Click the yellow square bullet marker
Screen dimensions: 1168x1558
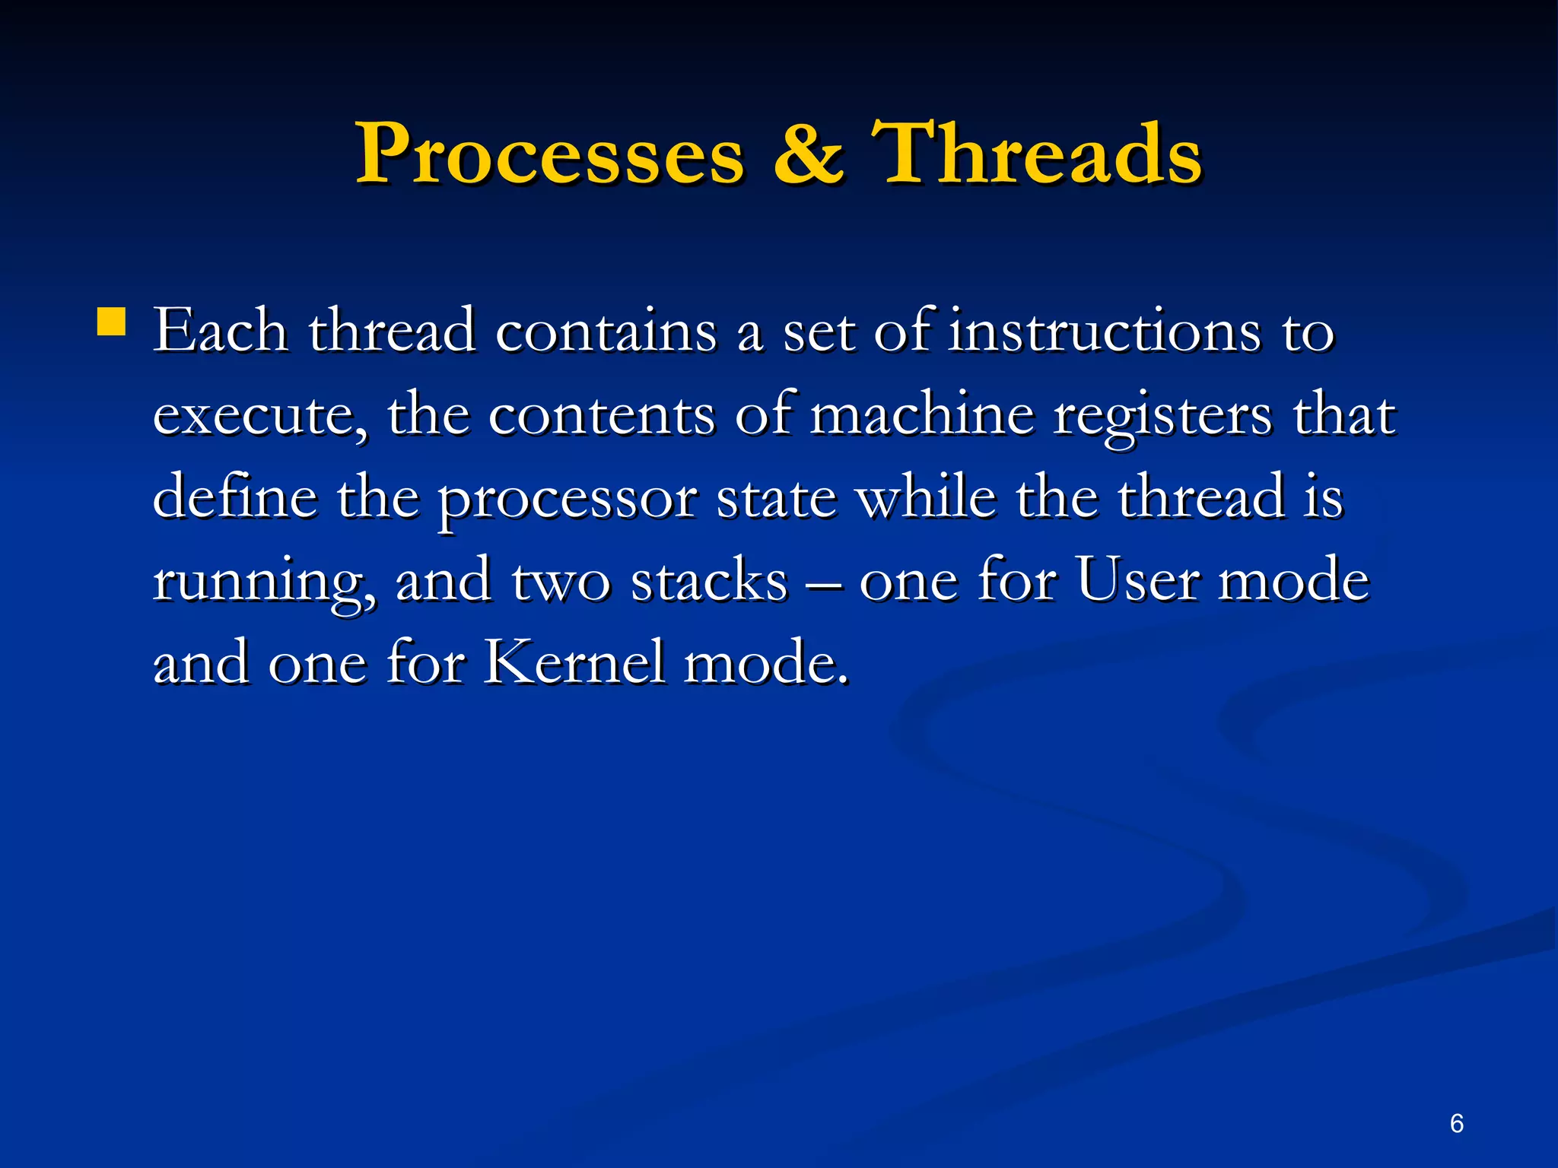(111, 322)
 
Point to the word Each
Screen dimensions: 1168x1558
(221, 332)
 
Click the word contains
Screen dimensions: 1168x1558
(606, 333)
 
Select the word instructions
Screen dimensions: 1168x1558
(1104, 332)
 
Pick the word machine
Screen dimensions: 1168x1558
(922, 415)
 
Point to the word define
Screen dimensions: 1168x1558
(235, 497)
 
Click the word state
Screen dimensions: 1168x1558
(777, 499)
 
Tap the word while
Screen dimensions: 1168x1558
(927, 497)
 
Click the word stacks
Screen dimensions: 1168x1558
(709, 582)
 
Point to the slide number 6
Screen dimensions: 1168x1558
(1456, 1123)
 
